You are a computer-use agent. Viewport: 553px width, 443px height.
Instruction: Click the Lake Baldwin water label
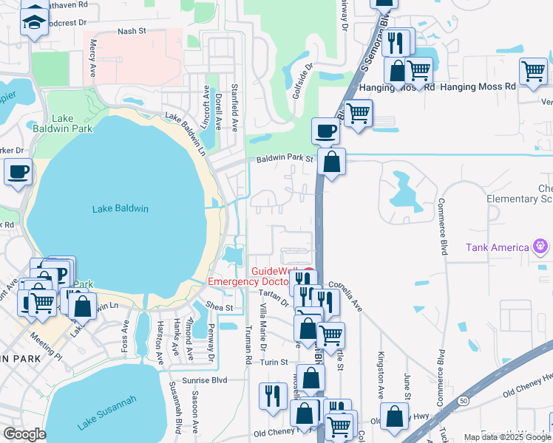point(120,209)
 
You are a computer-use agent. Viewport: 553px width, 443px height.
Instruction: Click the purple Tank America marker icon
point(541,246)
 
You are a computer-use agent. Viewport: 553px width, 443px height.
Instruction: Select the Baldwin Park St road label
point(285,159)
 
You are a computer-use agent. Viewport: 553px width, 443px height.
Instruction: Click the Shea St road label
point(219,308)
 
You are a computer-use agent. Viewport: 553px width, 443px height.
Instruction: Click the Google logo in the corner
point(24,435)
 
